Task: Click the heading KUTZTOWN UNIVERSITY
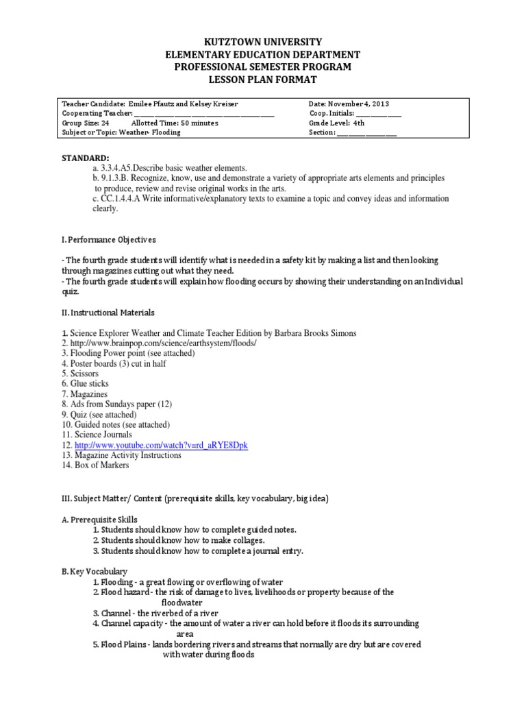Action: coord(263,43)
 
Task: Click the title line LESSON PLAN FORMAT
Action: coord(263,80)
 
